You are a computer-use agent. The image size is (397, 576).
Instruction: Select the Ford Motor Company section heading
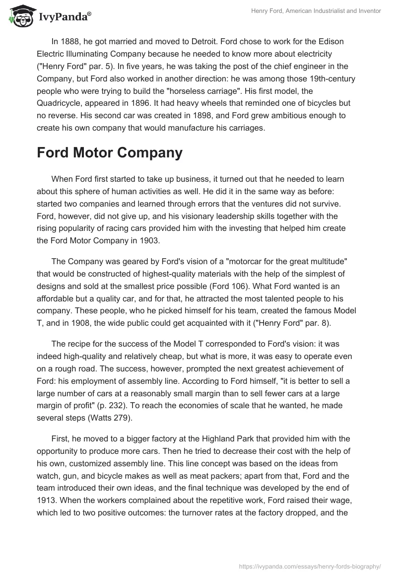(x=109, y=153)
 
